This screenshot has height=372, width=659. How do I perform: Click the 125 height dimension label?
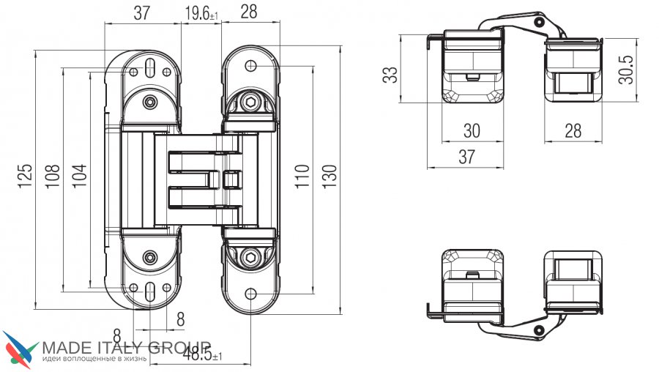pyautogui.click(x=25, y=176)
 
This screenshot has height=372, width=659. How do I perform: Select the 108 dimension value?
pyautogui.click(x=53, y=176)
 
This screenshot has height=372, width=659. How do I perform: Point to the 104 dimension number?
pyautogui.click(x=79, y=175)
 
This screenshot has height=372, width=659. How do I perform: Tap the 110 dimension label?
pyautogui.click(x=302, y=176)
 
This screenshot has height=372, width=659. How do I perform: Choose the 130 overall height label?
pyautogui.click(x=330, y=176)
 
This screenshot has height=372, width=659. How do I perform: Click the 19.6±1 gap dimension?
pyautogui.click(x=202, y=13)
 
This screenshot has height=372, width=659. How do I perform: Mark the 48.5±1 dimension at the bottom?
pyautogui.click(x=203, y=354)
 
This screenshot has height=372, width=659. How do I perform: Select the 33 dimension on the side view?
pyautogui.click(x=390, y=75)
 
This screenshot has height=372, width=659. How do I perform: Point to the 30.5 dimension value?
pyautogui.click(x=626, y=70)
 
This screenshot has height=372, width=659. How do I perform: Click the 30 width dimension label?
pyautogui.click(x=472, y=131)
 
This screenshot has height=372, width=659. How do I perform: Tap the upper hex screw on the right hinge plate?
pyautogui.click(x=251, y=102)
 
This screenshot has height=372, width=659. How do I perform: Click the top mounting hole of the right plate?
pyautogui.click(x=251, y=66)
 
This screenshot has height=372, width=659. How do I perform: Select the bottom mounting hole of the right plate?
pyautogui.click(x=251, y=294)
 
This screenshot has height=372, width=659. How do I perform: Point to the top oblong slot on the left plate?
pyautogui.click(x=150, y=67)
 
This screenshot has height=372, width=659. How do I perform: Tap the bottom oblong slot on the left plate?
pyautogui.click(x=150, y=291)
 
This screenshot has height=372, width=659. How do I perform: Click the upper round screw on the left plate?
pyautogui.click(x=150, y=102)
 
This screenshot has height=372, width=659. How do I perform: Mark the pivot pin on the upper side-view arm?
pyautogui.click(x=538, y=22)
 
